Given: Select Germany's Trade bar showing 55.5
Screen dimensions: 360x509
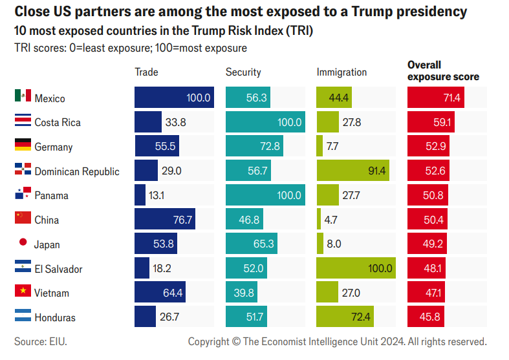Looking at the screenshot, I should [157, 146].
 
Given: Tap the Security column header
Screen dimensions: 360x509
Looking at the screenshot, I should [243, 72].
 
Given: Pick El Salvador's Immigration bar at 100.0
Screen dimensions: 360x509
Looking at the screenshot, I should [356, 268].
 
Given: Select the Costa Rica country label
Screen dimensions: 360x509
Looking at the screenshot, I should [58, 123].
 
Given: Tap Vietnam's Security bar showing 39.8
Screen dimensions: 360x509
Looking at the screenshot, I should [241, 293].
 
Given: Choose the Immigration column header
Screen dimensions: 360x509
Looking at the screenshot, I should [341, 72].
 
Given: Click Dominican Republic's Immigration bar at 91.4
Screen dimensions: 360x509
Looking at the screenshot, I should [352, 171].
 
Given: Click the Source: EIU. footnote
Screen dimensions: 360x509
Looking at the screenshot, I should [41, 341].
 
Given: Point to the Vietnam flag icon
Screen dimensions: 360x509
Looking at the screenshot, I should [23, 291].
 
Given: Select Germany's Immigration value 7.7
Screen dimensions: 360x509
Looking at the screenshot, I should [332, 147].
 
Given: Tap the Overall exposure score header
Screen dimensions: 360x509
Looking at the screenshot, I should [443, 70].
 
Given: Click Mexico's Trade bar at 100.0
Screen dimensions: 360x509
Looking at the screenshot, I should [174, 98].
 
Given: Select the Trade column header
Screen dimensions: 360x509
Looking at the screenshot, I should [146, 72].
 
